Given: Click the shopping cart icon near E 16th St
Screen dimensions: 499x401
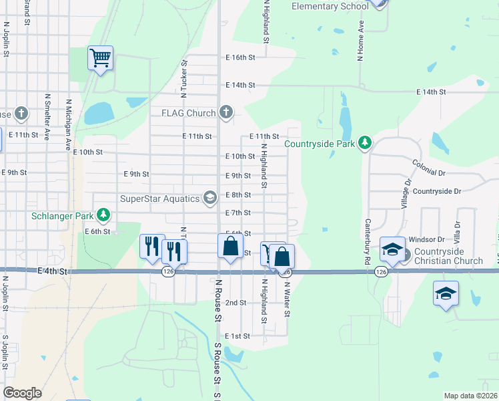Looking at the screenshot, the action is coord(100,57).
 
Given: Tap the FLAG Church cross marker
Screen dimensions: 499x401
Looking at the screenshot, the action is coord(227,112).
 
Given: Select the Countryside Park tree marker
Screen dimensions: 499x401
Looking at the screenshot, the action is coord(365,143).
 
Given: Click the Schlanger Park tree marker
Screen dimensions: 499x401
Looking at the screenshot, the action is coord(103,215).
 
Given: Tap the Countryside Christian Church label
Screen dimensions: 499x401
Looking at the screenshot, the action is coord(448,256).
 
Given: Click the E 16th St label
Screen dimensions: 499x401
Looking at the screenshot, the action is coord(240,57).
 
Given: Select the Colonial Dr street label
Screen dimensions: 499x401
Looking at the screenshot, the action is coord(428,167).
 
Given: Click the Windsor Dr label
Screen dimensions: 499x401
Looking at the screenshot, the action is coord(426,239).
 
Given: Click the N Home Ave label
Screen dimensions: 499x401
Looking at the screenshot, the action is coord(361,41).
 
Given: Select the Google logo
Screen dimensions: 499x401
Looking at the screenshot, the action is coord(22,393).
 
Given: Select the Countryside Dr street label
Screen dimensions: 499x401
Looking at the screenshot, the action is coord(436,191).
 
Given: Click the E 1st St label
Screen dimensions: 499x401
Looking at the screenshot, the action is coord(237,336).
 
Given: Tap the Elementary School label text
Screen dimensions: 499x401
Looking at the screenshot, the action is coord(330,7).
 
